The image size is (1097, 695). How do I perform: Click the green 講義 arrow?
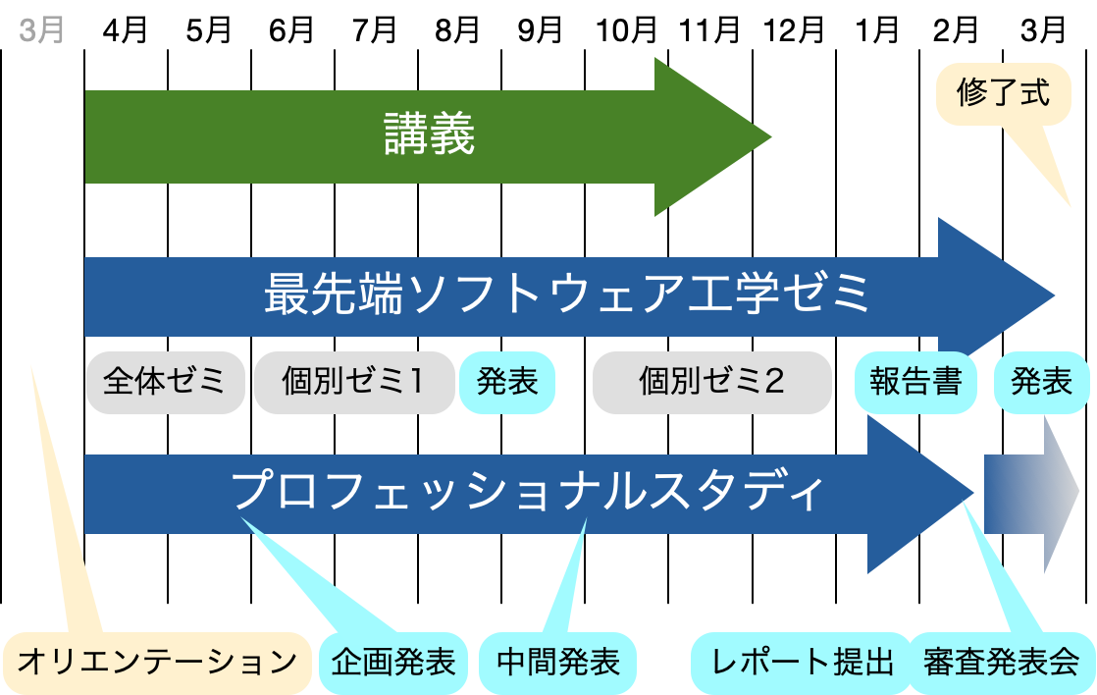pos(429,135)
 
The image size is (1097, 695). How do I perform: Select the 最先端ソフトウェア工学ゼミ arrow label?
pos(567,294)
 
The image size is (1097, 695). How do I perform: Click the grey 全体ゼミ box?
pos(165,381)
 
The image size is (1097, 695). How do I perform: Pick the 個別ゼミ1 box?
pos(353,381)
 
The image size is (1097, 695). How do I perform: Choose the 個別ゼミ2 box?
pos(711,381)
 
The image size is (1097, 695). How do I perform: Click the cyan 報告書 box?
pos(915,381)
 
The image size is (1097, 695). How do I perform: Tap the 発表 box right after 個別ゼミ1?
pos(507,381)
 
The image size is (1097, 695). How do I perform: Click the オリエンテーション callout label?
pos(157,661)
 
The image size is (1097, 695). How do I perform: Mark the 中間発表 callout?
pos(558,661)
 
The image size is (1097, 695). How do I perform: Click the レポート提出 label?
pos(803,661)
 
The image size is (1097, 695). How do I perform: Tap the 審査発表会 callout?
pos(1001,661)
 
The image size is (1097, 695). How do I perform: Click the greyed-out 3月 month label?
pos(41,30)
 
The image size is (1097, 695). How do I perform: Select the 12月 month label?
pos(795,30)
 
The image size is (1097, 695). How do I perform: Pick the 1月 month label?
pos(877,30)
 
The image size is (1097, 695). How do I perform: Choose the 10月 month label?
pos(627,30)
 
